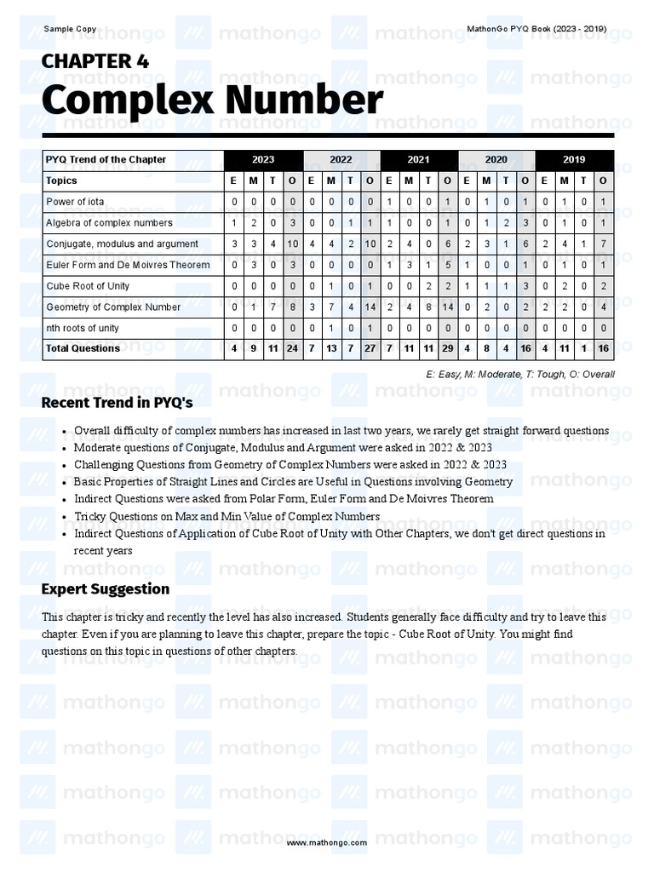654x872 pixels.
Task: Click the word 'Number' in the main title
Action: coord(300,100)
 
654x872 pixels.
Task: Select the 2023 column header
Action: coord(263,159)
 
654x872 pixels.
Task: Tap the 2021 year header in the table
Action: coord(418,159)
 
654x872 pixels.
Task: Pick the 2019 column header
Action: coord(574,159)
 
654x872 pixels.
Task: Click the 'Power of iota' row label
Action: coord(76,202)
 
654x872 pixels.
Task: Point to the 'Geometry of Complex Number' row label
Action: coord(113,307)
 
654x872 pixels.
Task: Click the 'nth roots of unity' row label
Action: coord(83,328)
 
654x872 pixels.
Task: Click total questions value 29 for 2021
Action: coord(448,348)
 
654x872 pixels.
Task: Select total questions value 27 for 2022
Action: coord(370,348)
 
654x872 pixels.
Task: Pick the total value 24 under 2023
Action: coord(292,348)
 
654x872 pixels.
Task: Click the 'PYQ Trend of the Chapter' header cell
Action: coord(106,159)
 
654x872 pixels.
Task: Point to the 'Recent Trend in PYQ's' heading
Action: coord(117,402)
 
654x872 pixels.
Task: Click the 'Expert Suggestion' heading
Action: coord(106,589)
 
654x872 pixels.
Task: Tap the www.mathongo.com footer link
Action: coord(327,842)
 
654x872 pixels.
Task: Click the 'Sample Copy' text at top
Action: coord(70,29)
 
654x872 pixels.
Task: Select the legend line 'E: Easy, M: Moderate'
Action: coord(519,374)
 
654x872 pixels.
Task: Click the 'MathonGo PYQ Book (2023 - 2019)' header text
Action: coord(536,29)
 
